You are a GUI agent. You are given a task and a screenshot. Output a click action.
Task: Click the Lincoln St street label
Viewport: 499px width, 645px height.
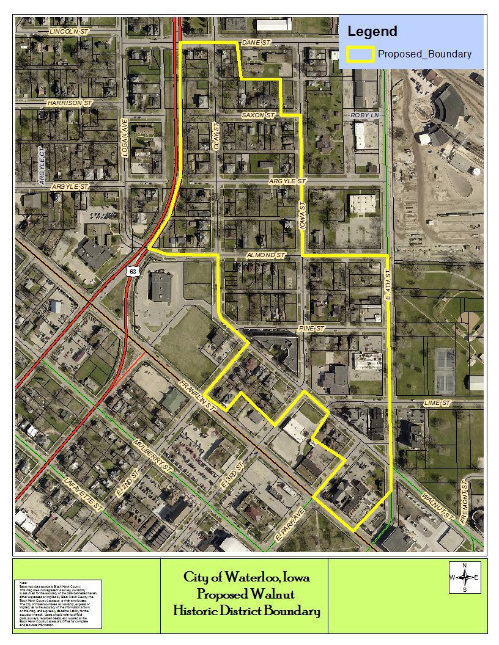tap(68, 31)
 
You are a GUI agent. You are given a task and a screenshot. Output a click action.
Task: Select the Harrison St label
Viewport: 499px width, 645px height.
tap(69, 103)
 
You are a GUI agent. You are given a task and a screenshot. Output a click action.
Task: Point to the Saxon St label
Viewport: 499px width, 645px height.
tap(259, 115)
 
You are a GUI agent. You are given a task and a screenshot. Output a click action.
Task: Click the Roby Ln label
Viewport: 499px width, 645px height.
tap(364, 115)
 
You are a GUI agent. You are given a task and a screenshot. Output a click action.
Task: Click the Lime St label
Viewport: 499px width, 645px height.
tap(437, 404)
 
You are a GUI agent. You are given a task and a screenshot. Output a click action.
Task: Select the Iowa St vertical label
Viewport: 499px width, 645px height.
tap(302, 216)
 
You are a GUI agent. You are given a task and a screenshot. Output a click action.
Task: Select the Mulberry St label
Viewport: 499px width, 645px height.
tap(152, 456)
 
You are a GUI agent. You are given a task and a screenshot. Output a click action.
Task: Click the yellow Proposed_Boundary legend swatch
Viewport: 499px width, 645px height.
tap(360, 54)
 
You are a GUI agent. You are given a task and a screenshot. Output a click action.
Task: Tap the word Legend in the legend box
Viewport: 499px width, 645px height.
tap(372, 31)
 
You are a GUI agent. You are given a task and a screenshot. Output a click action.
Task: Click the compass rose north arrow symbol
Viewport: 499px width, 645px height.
tap(465, 577)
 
